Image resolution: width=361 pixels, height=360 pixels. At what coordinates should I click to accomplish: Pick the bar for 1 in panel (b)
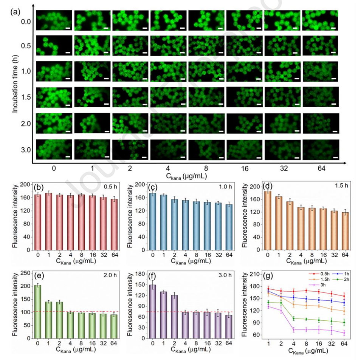point(48,221)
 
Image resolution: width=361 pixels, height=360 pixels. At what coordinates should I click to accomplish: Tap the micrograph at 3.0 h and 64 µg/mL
point(320,149)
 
